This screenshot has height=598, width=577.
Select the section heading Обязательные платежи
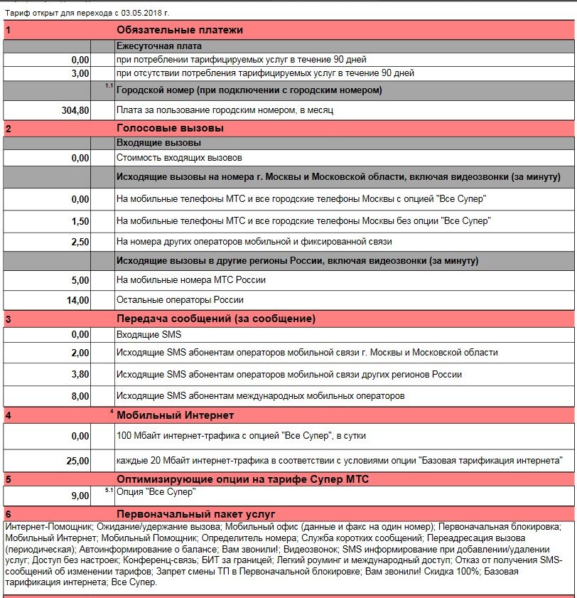(180, 30)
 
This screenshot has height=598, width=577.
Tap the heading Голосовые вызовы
(170, 128)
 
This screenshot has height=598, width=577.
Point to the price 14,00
(78, 300)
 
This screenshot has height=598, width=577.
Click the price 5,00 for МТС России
(80, 280)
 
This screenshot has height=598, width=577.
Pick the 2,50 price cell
(80, 242)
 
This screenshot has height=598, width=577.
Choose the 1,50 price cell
(80, 221)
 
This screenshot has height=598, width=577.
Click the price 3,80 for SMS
(80, 375)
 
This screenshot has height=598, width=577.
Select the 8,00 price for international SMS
(80, 396)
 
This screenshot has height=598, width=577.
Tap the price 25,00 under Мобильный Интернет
(78, 461)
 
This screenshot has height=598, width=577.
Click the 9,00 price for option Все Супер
(80, 496)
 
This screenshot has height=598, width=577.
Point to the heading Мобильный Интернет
(175, 415)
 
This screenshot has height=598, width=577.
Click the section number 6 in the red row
(8, 514)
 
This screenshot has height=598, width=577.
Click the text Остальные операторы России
(180, 300)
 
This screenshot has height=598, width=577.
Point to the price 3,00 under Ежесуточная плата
(80, 73)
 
